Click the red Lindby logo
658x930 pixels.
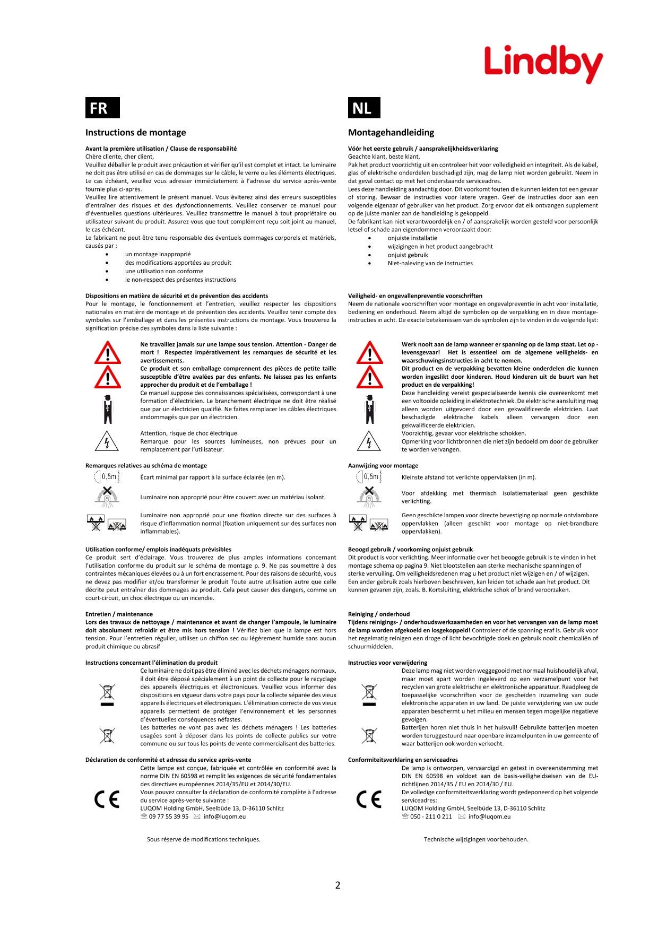(543, 64)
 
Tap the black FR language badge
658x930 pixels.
(102, 108)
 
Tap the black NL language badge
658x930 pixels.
(364, 108)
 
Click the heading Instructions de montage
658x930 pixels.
(135, 133)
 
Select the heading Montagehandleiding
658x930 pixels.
(391, 133)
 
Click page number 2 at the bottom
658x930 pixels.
(337, 885)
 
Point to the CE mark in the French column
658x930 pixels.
(107, 799)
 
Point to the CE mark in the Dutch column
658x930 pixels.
(369, 799)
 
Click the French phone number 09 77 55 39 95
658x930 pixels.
(168, 816)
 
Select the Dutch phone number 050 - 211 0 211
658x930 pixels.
(430, 816)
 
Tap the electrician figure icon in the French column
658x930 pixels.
(108, 409)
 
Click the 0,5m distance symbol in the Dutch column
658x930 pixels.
(368, 477)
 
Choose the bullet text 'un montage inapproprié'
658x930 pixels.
(158, 255)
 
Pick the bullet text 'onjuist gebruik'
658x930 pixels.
(408, 255)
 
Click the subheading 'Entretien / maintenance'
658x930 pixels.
(119, 614)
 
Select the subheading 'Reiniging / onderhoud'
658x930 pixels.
(379, 614)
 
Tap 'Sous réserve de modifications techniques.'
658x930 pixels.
(204, 839)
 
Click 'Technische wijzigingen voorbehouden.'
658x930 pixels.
(476, 839)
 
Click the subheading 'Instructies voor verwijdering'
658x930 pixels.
(387, 663)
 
